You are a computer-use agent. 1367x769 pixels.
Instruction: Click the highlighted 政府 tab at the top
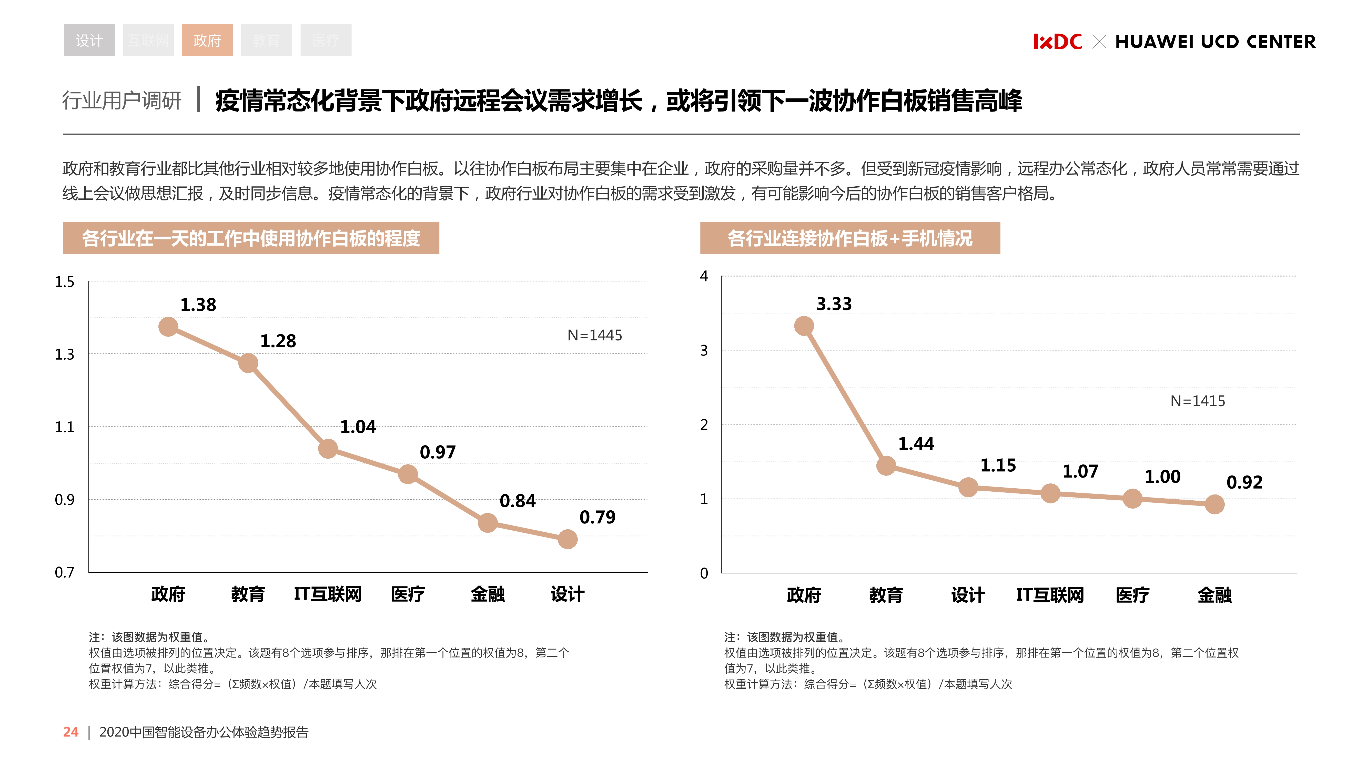tap(207, 40)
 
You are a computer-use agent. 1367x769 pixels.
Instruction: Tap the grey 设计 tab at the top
tap(89, 40)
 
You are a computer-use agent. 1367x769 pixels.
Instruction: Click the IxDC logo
tap(1057, 41)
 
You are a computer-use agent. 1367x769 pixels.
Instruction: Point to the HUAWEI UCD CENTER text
tap(1215, 41)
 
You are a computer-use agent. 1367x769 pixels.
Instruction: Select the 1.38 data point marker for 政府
tap(168, 326)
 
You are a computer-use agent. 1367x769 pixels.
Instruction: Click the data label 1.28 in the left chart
tap(278, 341)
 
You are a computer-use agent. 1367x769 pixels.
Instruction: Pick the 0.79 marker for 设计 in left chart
tap(567, 539)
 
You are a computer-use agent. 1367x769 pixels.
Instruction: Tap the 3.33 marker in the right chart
tap(804, 325)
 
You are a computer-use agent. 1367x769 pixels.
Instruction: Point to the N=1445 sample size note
tap(594, 335)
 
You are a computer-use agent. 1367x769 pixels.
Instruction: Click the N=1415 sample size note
tap(1198, 401)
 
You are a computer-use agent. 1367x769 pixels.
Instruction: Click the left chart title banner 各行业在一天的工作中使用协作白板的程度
tap(251, 238)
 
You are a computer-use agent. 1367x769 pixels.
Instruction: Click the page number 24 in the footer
tap(70, 732)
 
